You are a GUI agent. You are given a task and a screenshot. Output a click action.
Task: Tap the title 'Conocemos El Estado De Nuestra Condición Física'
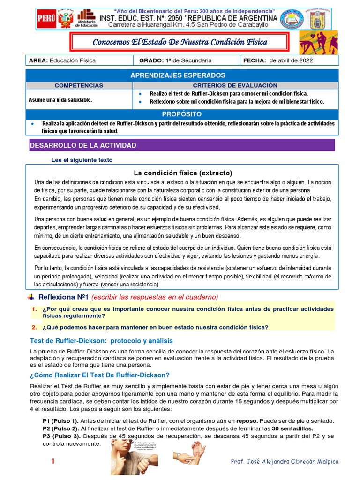tap(180, 42)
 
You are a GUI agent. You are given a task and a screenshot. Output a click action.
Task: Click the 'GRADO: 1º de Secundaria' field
tap(176, 60)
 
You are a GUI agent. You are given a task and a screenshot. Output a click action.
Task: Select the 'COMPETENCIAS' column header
tap(79, 85)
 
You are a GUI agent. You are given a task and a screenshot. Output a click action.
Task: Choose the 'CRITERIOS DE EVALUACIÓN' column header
tap(235, 85)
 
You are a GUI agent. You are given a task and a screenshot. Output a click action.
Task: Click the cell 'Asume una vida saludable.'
tap(60, 100)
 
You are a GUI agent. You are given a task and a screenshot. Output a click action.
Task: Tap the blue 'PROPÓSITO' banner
tap(181, 114)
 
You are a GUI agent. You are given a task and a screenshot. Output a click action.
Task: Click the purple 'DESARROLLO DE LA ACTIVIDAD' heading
tap(83, 145)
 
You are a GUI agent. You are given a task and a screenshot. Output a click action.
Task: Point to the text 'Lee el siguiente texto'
tap(82, 160)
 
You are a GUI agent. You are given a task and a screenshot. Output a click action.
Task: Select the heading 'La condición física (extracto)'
tap(183, 172)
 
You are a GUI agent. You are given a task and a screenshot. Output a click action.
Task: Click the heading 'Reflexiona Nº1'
tap(63, 297)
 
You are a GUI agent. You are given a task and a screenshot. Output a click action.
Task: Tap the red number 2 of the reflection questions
tap(34, 327)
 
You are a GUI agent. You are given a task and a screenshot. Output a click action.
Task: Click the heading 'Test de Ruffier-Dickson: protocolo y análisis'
tap(101, 341)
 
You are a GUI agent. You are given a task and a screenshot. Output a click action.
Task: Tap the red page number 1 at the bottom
tap(53, 462)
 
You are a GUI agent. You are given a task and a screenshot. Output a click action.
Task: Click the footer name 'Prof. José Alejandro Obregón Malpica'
tap(285, 462)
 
